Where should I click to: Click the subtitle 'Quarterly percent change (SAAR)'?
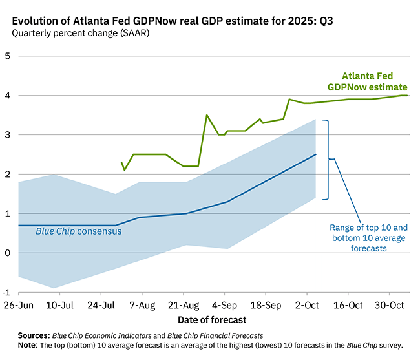(x=80, y=33)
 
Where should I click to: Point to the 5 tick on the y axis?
(x=8, y=56)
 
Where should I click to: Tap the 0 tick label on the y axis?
(x=8, y=253)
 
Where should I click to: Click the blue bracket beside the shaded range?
(x=329, y=159)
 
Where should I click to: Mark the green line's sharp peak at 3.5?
(x=207, y=115)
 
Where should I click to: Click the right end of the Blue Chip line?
(x=315, y=154)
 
